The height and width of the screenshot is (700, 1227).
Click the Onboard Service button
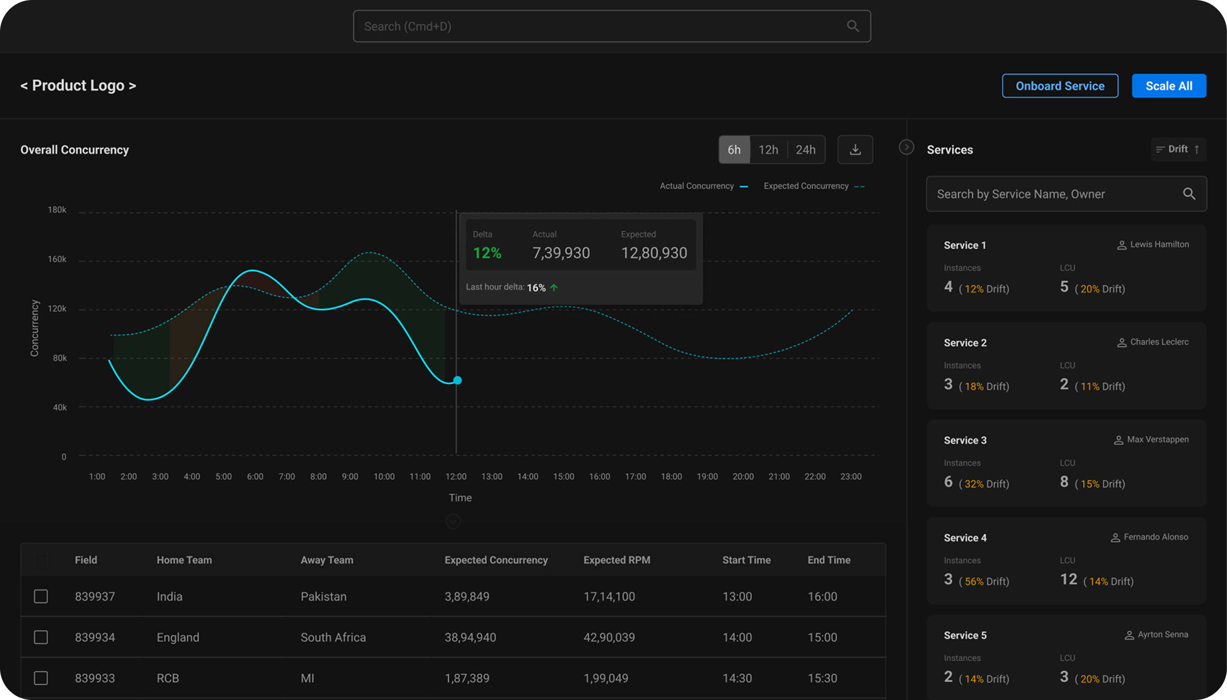(1060, 86)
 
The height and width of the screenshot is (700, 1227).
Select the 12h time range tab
(768, 150)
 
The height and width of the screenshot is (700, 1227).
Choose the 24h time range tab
(805, 150)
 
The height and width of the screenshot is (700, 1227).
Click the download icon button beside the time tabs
(855, 150)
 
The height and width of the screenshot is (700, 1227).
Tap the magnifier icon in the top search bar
(853, 26)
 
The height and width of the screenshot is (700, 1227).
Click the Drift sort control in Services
(1178, 150)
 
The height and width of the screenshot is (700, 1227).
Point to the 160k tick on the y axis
(57, 259)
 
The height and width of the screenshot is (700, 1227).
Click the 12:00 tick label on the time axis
(455, 476)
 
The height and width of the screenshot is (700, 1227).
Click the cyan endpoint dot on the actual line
(457, 380)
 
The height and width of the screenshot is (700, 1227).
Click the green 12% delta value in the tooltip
(487, 253)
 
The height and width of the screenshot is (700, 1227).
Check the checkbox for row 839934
(41, 637)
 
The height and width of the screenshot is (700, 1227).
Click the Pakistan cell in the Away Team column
(323, 597)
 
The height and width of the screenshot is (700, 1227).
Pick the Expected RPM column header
(616, 560)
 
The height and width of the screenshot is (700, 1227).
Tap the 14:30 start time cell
(737, 678)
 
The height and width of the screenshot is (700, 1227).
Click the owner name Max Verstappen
(1157, 440)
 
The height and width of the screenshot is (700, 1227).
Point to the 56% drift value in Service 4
(974, 582)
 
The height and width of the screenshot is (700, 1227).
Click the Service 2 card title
(965, 343)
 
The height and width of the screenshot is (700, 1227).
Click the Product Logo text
(78, 86)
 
